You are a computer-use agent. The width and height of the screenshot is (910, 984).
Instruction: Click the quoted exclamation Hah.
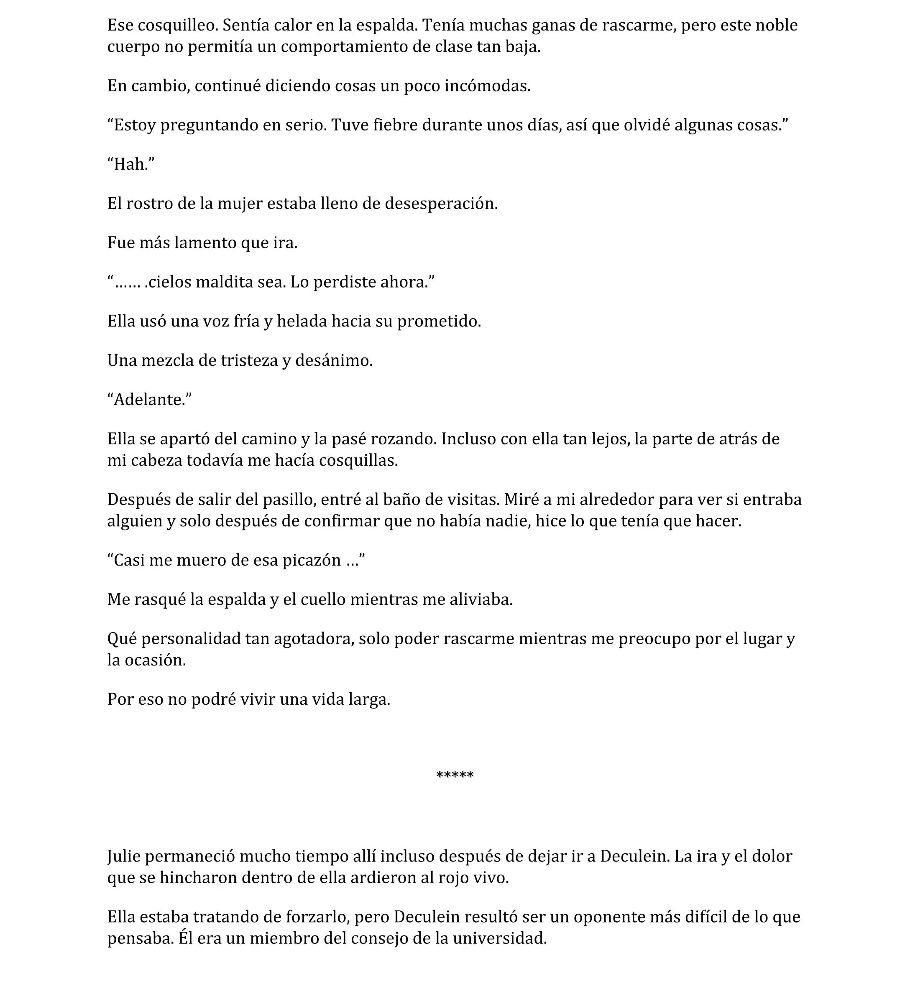tap(131, 164)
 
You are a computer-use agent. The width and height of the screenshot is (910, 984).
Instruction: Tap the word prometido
tap(438, 321)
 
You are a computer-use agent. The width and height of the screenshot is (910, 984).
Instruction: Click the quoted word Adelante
tap(150, 400)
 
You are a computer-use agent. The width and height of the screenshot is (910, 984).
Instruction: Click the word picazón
tap(311, 560)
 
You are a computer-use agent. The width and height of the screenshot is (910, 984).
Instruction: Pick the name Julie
tap(124, 857)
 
